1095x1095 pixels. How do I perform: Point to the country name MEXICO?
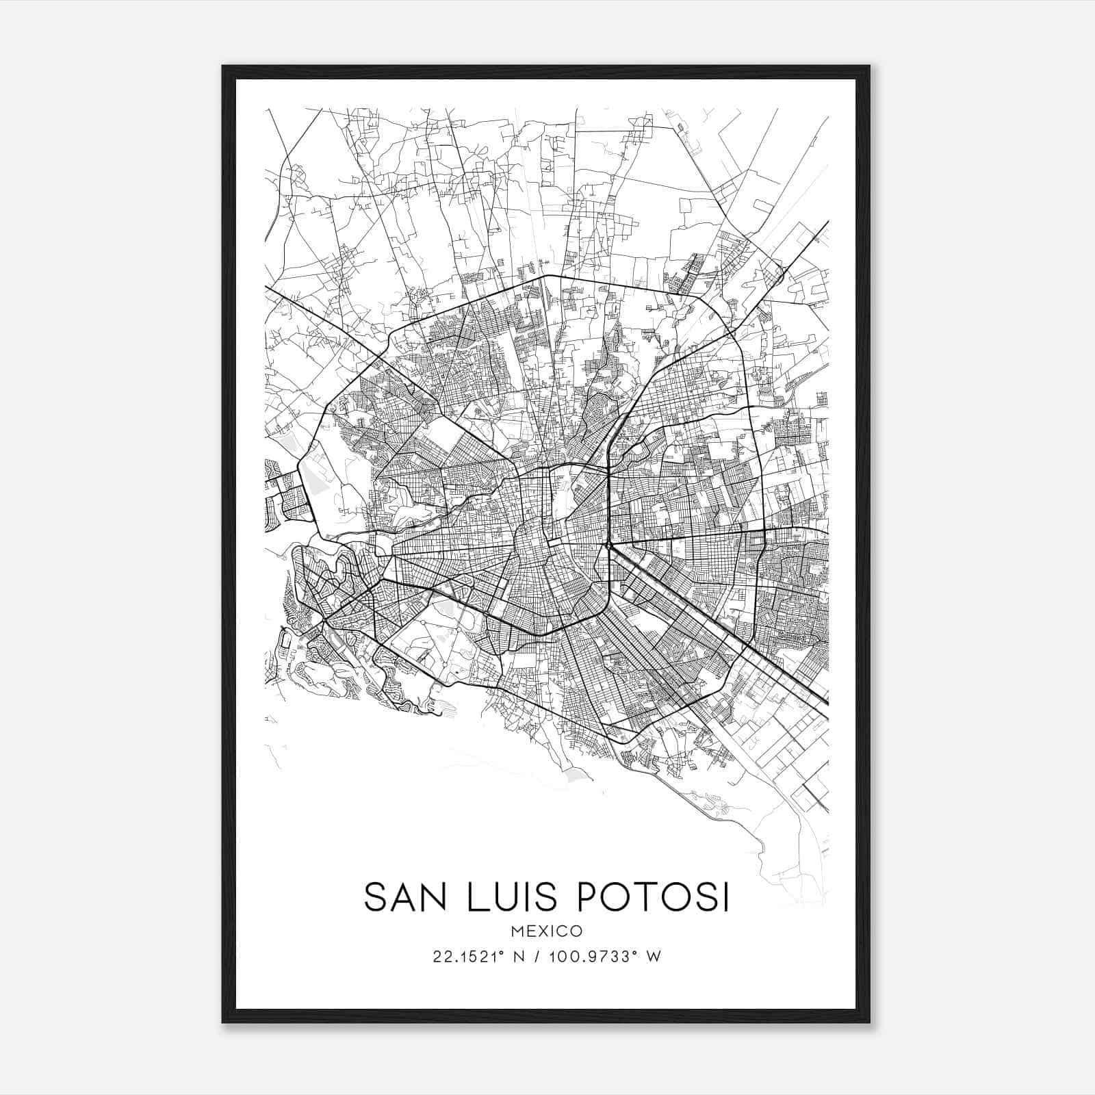click(547, 931)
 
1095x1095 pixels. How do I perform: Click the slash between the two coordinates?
click(534, 957)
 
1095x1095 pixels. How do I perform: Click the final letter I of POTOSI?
click(724, 897)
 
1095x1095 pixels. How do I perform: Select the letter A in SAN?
click(407, 897)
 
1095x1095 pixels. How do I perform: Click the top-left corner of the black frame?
click(223, 66)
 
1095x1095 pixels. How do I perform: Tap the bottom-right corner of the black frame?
click(869, 1022)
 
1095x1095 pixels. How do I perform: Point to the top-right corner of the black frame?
click(869, 66)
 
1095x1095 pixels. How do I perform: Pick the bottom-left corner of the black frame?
click(223, 1022)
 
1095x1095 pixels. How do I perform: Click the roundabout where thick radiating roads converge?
click(608, 545)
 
